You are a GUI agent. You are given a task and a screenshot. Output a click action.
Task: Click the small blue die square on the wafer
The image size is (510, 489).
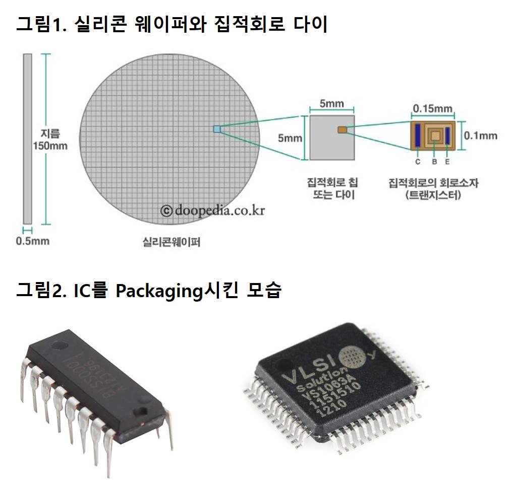(217, 129)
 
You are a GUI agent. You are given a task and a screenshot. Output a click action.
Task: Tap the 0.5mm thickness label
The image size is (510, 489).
(33, 241)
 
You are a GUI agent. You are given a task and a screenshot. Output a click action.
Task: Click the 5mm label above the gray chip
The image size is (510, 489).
(331, 104)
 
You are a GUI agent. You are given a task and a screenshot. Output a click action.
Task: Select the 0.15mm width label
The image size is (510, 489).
(432, 108)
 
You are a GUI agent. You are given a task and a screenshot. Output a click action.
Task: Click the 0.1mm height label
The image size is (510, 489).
(480, 135)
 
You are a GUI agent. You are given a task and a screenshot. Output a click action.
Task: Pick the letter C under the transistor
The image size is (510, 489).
(418, 162)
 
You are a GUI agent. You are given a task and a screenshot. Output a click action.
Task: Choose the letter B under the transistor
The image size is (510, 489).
(434, 162)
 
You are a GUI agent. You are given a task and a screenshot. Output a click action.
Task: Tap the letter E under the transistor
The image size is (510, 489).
(447, 162)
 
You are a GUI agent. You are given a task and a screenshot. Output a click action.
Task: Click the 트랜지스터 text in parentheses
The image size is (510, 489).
(433, 195)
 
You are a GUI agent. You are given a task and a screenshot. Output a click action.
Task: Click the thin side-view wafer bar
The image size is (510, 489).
(27, 138)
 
